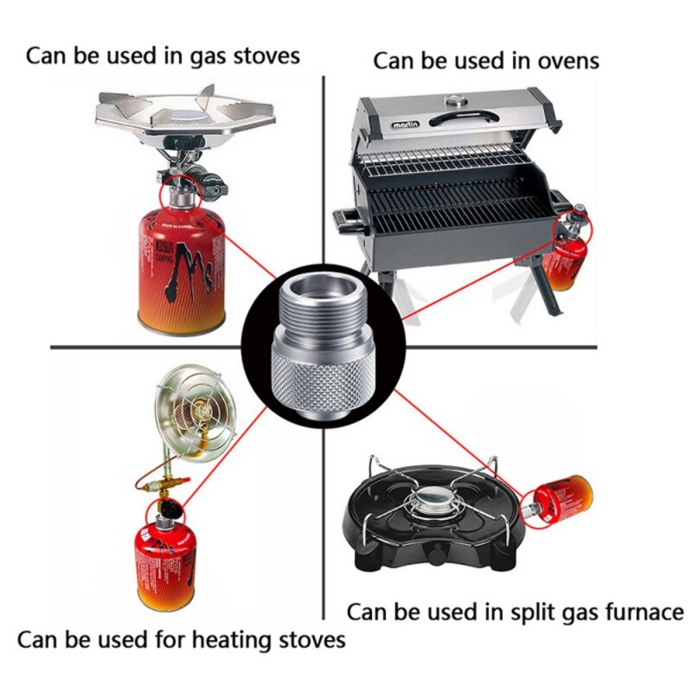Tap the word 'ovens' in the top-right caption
(566, 61)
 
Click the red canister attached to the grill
(567, 259)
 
